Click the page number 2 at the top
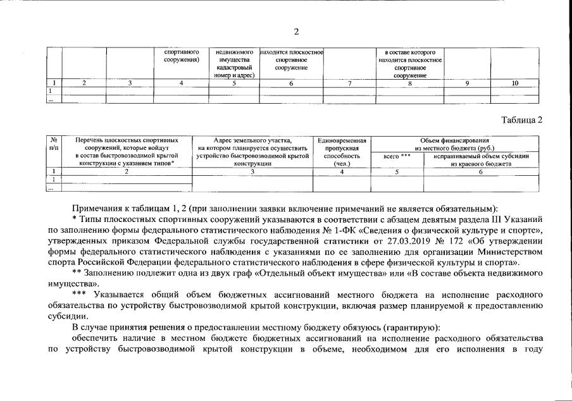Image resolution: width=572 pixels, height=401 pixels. [x=296, y=32]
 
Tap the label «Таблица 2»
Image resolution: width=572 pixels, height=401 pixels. [x=521, y=120]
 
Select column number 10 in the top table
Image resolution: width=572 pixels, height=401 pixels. [x=514, y=83]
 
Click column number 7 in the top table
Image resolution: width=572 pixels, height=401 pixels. [x=349, y=83]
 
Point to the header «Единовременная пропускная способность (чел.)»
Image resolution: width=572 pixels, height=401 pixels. [x=342, y=152]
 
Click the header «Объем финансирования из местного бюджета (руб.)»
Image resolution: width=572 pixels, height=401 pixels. [x=458, y=144]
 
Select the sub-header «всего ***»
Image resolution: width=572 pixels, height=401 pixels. [x=397, y=156]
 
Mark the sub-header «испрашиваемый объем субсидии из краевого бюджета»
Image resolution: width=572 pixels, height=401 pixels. [x=481, y=159]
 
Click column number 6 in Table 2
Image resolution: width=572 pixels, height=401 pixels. [x=481, y=171]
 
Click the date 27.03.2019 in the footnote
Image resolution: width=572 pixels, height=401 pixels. [x=423, y=241]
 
